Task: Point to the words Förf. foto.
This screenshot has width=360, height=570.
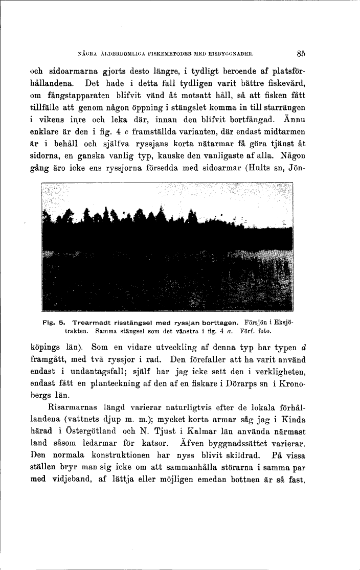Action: click(x=255, y=331)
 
